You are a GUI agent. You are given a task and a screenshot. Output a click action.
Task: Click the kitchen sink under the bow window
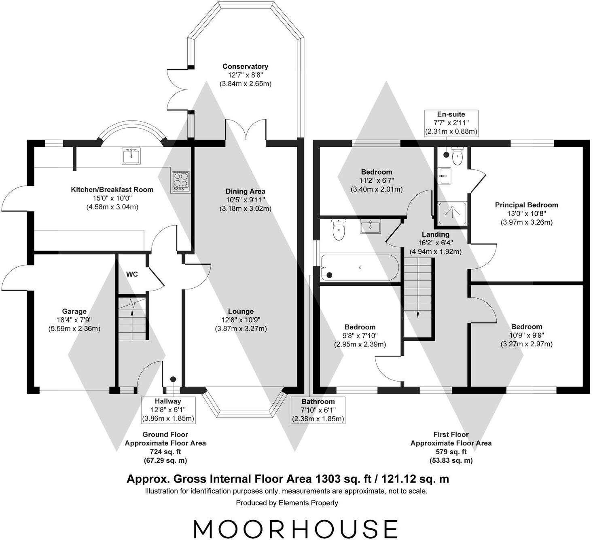click(131, 156)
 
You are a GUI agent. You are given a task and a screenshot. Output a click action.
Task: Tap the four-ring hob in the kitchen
click(180, 181)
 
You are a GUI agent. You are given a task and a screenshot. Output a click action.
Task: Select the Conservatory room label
click(245, 66)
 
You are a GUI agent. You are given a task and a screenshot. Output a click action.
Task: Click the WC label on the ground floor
click(132, 274)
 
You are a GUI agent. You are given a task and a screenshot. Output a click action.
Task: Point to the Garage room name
click(74, 311)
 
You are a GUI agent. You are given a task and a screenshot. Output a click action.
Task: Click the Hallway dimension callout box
click(168, 409)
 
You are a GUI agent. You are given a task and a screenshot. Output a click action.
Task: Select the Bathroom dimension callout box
click(318, 410)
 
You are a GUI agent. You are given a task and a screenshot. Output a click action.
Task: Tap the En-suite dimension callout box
click(451, 123)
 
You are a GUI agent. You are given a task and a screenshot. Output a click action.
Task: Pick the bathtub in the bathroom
click(360, 268)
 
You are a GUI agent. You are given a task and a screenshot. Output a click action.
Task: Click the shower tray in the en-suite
click(452, 213)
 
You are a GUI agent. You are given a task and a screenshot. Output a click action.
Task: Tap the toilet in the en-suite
click(457, 156)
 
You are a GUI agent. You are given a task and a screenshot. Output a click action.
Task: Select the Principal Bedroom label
click(526, 205)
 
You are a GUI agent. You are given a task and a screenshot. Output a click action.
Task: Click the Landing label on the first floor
click(435, 234)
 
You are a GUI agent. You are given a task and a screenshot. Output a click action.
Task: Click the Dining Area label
click(245, 191)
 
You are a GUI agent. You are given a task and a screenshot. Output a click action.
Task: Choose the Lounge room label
click(241, 311)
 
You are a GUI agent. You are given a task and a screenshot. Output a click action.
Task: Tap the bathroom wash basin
click(370, 227)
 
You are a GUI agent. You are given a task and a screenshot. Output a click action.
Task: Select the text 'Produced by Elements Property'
click(287, 503)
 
